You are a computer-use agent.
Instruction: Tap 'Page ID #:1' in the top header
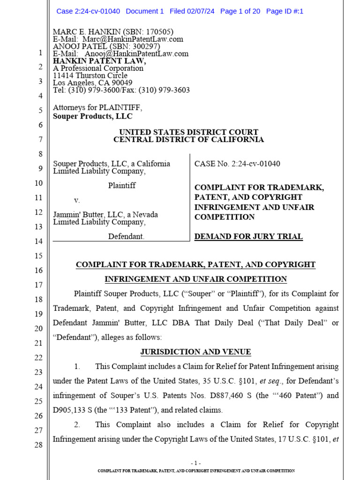(285, 11)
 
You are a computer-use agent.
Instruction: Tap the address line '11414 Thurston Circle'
(90, 75)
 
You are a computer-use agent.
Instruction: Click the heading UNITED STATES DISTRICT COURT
(188, 132)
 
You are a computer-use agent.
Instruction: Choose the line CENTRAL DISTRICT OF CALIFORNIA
(188, 140)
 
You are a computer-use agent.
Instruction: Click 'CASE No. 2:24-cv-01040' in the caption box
(237, 164)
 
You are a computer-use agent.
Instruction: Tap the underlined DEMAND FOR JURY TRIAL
(248, 237)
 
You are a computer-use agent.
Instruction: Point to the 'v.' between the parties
(77, 200)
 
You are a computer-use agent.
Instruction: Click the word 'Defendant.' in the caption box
(126, 237)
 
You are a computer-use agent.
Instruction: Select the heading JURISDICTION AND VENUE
(195, 352)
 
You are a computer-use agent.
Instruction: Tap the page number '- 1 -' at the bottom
(196, 462)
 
